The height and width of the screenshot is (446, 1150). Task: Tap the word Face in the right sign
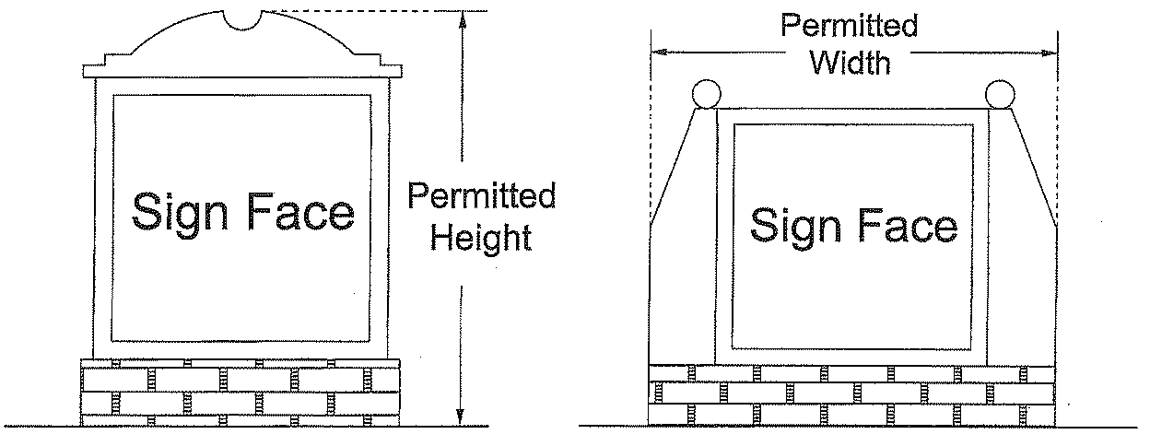coord(908,224)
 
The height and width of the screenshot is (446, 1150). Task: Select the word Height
coord(482,238)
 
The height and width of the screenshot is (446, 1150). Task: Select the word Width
coord(849,64)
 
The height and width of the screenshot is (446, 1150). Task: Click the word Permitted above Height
coord(482,195)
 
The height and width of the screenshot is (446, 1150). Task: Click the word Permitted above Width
coord(849,25)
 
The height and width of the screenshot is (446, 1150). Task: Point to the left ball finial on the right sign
coord(705,94)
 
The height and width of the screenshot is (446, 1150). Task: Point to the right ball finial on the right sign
coord(999,94)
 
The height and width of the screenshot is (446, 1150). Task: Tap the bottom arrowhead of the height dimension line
coord(460,418)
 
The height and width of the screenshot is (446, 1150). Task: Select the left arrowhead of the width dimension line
coord(658,53)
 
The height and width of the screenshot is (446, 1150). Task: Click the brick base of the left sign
coord(241,392)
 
